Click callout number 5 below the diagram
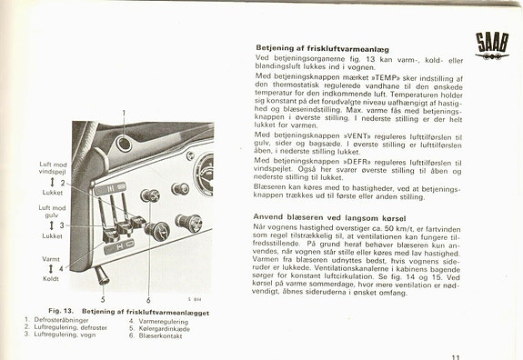(x=103, y=298)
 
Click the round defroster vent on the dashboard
(x=123, y=145)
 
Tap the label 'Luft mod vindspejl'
(x=53, y=169)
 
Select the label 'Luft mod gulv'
(x=52, y=211)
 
